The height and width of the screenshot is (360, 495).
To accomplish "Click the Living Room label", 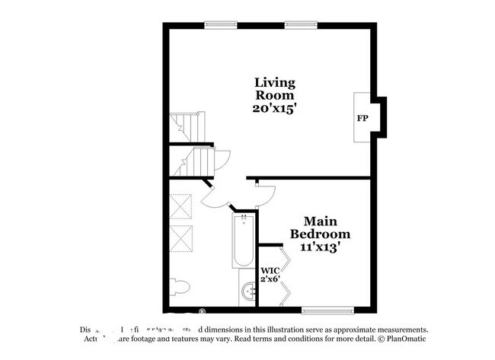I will [274, 88].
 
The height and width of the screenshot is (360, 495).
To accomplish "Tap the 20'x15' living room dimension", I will [274, 109].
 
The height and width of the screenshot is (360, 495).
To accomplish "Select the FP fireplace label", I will [362, 119].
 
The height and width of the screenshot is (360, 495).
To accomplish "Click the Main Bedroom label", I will [318, 227].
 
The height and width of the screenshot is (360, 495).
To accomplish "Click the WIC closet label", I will [270, 270].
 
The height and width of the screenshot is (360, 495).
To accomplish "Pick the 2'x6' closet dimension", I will [270, 281].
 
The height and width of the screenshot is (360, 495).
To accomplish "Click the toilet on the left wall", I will [178, 286].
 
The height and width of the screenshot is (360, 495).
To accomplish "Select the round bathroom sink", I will [248, 293].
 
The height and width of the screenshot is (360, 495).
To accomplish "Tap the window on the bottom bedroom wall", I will [327, 310].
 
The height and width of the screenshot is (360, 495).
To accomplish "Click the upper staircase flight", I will [187, 126].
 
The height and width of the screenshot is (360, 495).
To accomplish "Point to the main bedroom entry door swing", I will [263, 192].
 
